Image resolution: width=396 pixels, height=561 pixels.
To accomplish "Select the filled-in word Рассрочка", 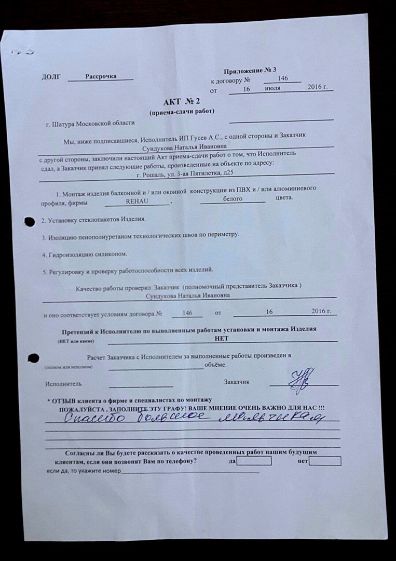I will tap(101, 76).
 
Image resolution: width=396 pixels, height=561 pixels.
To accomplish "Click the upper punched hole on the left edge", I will tap(30, 221).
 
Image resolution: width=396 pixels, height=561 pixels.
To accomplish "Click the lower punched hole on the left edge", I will tap(33, 357).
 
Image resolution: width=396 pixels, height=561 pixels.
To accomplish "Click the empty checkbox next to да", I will tap(254, 461).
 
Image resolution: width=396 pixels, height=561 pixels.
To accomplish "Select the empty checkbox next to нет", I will tap(324, 461).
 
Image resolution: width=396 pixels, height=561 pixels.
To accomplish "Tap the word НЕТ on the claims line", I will tap(221, 338).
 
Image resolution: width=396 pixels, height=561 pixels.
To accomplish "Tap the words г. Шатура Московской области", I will tap(90, 124).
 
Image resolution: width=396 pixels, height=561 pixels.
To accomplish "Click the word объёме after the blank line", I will tap(215, 365).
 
